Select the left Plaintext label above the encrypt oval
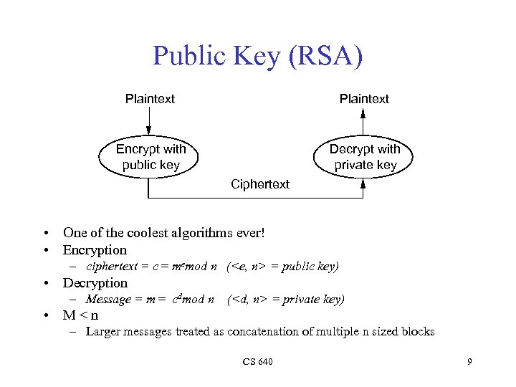[150, 99]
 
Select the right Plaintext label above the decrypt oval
[364, 99]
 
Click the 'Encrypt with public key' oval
[150, 157]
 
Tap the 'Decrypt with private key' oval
[364, 157]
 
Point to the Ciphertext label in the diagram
[260, 184]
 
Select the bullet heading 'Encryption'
[95, 250]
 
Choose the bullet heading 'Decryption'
[95, 283]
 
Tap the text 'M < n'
[80, 315]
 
